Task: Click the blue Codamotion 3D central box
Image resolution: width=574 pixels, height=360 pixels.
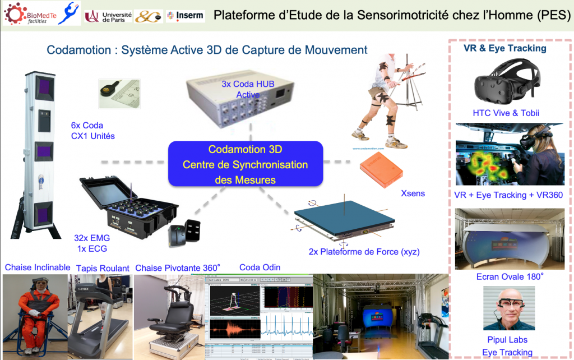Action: coord(246,164)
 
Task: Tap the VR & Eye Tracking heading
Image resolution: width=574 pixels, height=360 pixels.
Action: coord(504,48)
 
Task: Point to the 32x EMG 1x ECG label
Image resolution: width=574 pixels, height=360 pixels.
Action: coord(92,243)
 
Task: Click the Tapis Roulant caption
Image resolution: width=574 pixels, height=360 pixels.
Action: coord(102,268)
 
